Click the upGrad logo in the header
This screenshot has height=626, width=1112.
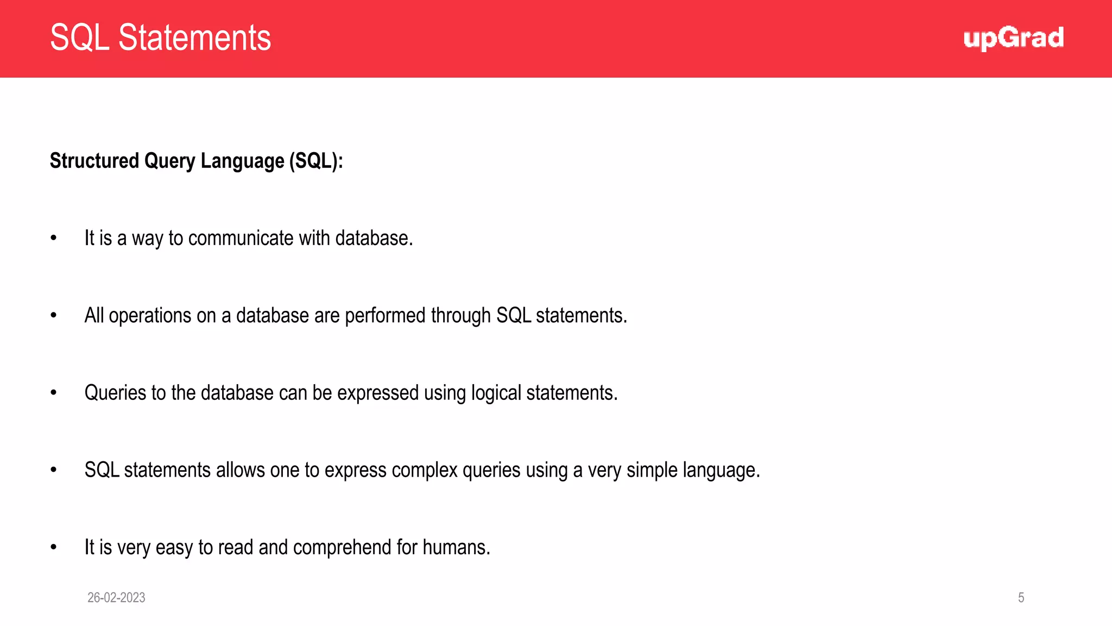1013,38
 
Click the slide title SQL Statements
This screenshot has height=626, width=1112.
160,37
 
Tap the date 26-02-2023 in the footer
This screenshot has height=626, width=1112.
116,598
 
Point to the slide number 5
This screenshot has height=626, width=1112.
1021,598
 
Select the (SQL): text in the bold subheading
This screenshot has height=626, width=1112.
316,161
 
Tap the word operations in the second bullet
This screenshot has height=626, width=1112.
150,316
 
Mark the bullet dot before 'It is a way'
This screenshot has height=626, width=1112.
53,238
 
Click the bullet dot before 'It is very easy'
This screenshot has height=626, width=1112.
53,547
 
